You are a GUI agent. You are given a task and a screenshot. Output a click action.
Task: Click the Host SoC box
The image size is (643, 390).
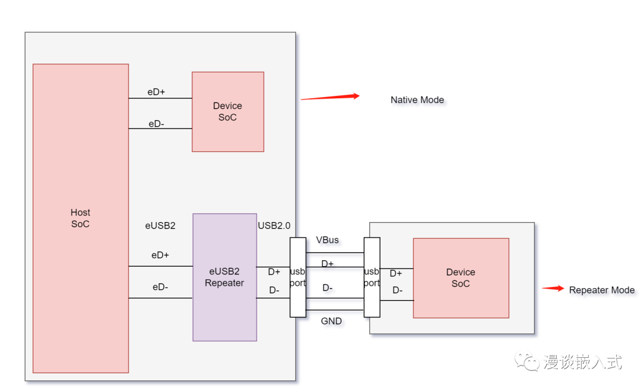(x=80, y=218)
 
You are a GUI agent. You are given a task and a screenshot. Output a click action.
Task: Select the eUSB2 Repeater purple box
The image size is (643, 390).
(x=224, y=277)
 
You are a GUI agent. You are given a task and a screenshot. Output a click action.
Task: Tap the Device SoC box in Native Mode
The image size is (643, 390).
(x=227, y=112)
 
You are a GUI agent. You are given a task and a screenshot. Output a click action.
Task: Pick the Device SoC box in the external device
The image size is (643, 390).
(x=461, y=278)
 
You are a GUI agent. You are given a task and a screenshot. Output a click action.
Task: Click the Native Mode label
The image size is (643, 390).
(x=417, y=100)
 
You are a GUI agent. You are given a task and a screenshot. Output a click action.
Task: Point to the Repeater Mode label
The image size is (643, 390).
(x=601, y=291)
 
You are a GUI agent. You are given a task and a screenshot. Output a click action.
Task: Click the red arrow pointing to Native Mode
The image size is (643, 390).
(x=330, y=97)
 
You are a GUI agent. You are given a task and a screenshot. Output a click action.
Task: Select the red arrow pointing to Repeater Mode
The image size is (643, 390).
(x=553, y=289)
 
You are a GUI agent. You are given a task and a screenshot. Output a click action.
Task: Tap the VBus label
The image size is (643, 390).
(x=327, y=240)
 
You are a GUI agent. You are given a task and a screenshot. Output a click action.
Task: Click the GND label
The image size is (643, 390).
(x=332, y=321)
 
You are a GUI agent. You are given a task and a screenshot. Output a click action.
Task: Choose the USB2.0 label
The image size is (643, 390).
(x=274, y=226)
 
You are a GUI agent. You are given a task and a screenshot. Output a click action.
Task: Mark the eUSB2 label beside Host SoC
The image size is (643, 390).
(x=160, y=226)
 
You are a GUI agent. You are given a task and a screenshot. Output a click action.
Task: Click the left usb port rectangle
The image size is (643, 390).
(x=298, y=277)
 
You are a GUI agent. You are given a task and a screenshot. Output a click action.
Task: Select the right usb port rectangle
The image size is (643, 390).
(x=372, y=277)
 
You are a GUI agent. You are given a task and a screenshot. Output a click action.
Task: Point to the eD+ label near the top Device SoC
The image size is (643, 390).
(x=157, y=92)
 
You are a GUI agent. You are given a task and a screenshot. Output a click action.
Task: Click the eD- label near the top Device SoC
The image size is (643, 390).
(x=156, y=124)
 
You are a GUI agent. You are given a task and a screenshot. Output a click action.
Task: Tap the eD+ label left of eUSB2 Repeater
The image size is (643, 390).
(x=160, y=255)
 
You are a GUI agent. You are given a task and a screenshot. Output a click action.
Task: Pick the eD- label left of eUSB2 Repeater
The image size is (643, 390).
(x=160, y=287)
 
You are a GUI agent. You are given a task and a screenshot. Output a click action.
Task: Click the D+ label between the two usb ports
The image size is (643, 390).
(x=327, y=264)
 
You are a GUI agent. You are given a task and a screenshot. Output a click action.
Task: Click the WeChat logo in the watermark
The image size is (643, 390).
(x=527, y=361)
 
